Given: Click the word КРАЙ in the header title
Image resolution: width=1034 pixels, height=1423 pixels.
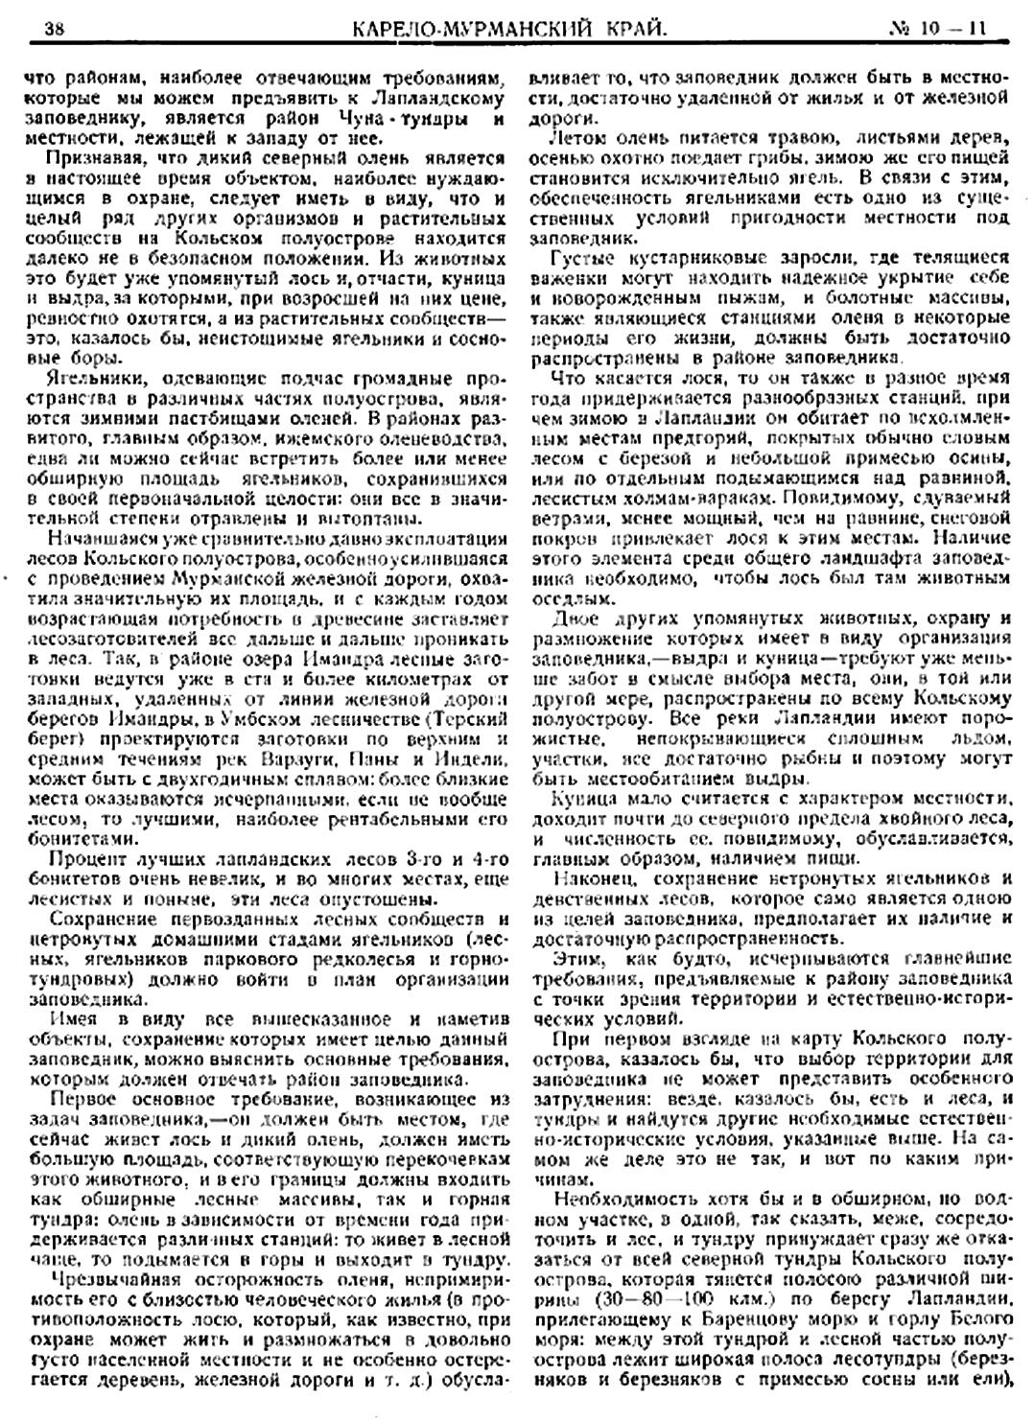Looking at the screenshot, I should [x=628, y=30].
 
